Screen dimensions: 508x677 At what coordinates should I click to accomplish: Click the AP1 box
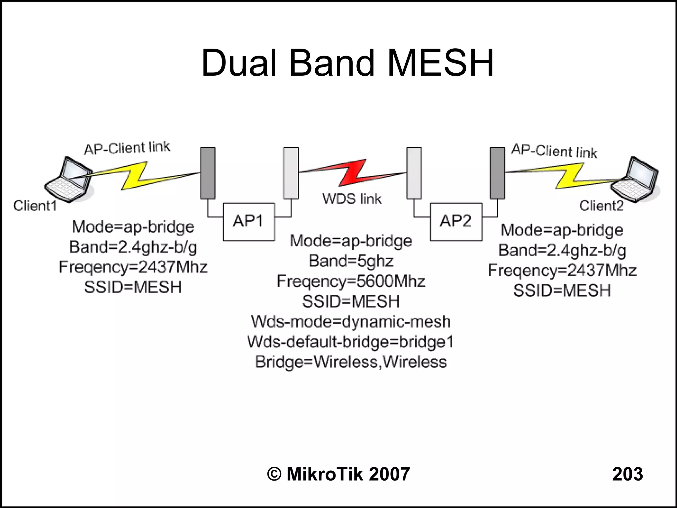click(x=249, y=221)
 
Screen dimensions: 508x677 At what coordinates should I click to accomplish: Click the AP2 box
click(x=456, y=221)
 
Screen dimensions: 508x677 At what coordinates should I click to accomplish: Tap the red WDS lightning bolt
click(x=352, y=174)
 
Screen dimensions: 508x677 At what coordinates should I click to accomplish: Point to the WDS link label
click(x=352, y=199)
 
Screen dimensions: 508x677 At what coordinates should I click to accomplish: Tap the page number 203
click(x=627, y=474)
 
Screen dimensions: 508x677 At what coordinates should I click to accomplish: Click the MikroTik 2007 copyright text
click(x=338, y=474)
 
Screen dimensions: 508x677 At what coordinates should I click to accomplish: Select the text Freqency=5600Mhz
click(x=351, y=281)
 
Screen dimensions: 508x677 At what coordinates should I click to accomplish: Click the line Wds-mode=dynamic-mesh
click(x=351, y=322)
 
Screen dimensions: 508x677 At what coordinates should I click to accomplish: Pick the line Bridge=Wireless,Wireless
click(x=351, y=362)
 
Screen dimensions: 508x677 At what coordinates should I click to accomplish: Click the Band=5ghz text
click(x=351, y=261)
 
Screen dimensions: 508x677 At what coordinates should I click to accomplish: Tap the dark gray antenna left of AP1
click(x=208, y=173)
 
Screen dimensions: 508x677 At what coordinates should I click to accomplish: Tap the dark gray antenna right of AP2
click(x=498, y=173)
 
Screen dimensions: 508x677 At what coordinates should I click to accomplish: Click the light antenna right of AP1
click(x=291, y=173)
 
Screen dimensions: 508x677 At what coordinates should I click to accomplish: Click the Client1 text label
click(x=35, y=206)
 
